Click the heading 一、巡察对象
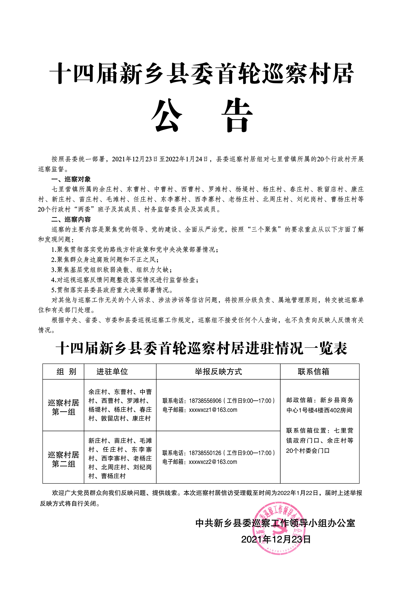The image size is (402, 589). click(x=71, y=179)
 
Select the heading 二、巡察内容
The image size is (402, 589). click(x=71, y=220)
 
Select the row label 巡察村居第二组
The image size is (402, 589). click(x=63, y=459)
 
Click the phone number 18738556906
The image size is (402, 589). click(x=205, y=401)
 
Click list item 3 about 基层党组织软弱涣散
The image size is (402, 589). click(x=112, y=270)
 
